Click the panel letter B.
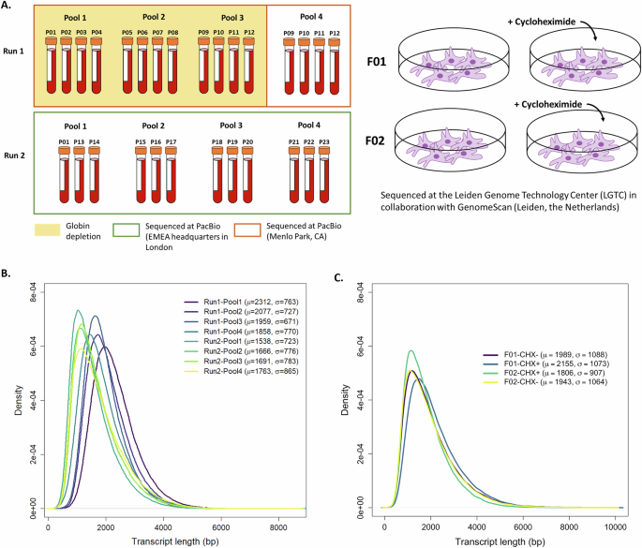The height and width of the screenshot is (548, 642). pyautogui.click(x=7, y=274)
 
